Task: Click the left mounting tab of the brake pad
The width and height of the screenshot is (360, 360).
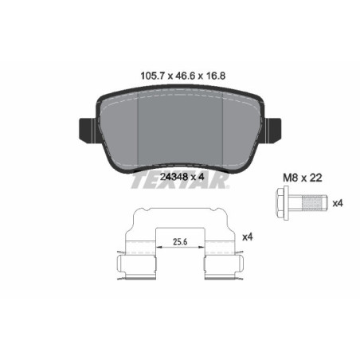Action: pos(86,127)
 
